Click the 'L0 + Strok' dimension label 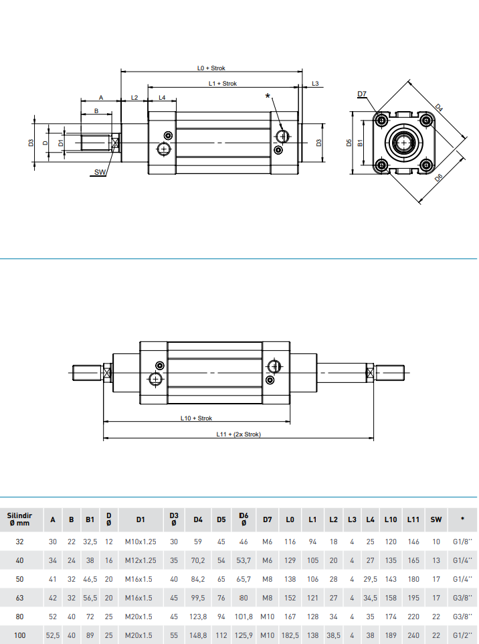(x=211, y=68)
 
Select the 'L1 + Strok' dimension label (x=223, y=84)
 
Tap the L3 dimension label (x=315, y=84)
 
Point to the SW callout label (x=100, y=172)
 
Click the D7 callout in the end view (x=362, y=94)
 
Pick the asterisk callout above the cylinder (x=268, y=96)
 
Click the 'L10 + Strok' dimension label (x=196, y=418)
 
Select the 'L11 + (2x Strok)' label (x=238, y=434)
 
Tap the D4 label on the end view (x=439, y=108)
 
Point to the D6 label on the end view (x=438, y=178)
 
